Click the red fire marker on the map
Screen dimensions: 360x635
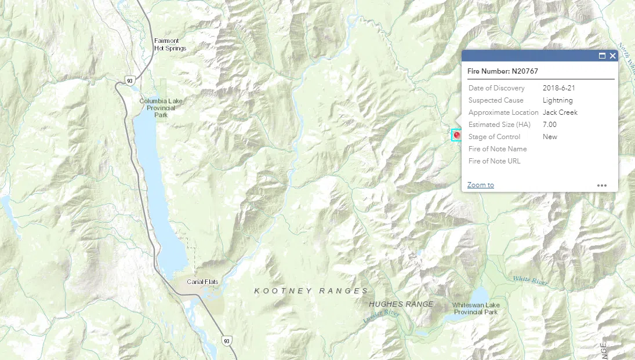point(457,135)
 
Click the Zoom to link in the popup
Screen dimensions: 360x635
point(480,185)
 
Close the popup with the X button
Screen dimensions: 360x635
point(612,56)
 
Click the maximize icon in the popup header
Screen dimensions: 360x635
point(602,56)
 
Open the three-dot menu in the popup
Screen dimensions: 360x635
point(602,186)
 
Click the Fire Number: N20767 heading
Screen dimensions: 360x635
point(503,71)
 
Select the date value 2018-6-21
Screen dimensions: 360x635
point(558,88)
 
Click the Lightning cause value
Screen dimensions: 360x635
point(557,100)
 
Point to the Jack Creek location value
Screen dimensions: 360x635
point(560,112)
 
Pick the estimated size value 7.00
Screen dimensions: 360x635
point(549,125)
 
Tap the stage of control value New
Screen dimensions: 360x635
point(550,137)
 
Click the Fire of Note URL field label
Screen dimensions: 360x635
point(494,161)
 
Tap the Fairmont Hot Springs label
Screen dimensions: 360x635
point(170,45)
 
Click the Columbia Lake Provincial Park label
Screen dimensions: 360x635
point(161,108)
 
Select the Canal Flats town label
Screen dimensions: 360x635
point(202,282)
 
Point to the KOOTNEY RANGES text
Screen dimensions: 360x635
point(311,291)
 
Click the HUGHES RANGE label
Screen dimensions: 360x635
point(401,304)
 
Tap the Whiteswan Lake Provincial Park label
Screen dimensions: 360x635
point(476,308)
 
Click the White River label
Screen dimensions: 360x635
point(530,281)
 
